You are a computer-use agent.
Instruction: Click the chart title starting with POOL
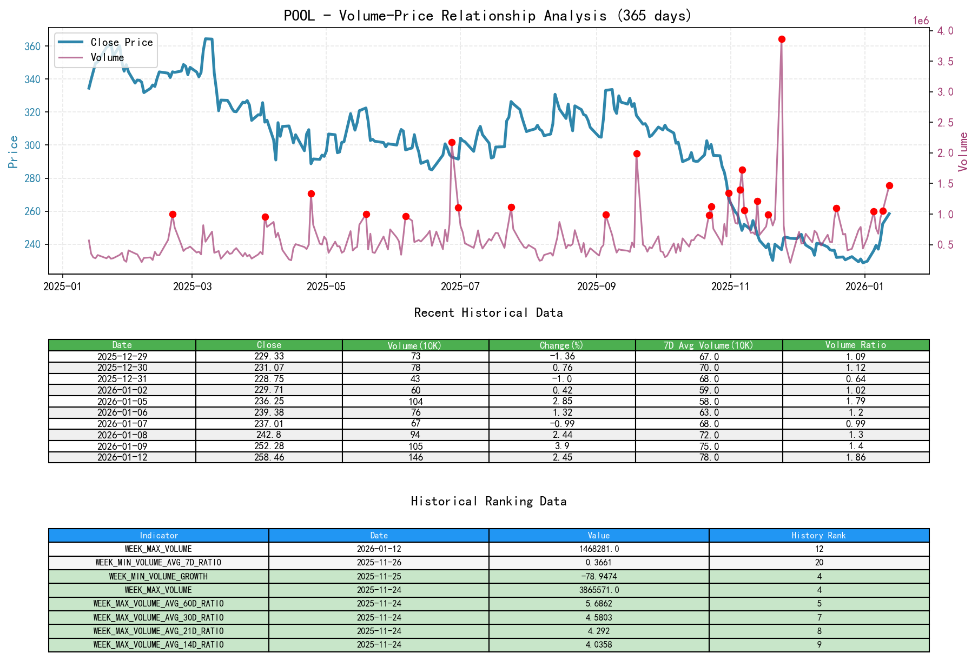(488, 15)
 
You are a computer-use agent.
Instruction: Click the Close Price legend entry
(121, 42)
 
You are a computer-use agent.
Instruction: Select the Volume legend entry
(107, 57)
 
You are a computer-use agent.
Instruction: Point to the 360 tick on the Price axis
(32, 46)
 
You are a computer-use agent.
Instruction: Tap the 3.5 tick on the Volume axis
(945, 62)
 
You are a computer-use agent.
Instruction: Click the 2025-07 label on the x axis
(460, 286)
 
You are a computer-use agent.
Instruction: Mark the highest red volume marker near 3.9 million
(782, 39)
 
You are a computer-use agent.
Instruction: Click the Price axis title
(14, 152)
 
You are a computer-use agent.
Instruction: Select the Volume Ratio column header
(855, 345)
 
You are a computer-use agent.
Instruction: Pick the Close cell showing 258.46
(269, 457)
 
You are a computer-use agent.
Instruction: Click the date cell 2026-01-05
(122, 401)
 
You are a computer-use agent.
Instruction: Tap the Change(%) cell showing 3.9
(562, 446)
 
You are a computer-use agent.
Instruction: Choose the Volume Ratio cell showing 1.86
(855, 457)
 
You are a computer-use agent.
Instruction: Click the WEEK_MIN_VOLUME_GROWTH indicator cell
(158, 576)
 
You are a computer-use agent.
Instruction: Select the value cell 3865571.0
(599, 590)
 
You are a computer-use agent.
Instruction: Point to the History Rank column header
(818, 535)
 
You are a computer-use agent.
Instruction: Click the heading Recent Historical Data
(488, 312)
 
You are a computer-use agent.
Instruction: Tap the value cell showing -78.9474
(599, 576)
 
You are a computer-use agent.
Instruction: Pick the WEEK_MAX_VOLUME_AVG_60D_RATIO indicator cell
(158, 603)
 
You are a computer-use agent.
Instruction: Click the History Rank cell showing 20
(818, 562)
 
